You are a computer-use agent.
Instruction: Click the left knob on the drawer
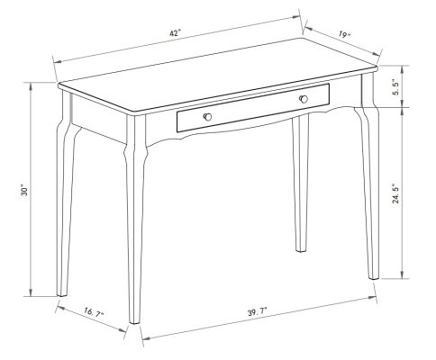click(207, 117)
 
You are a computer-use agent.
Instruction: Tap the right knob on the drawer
click(303, 98)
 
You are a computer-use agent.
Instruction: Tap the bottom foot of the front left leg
click(135, 317)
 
